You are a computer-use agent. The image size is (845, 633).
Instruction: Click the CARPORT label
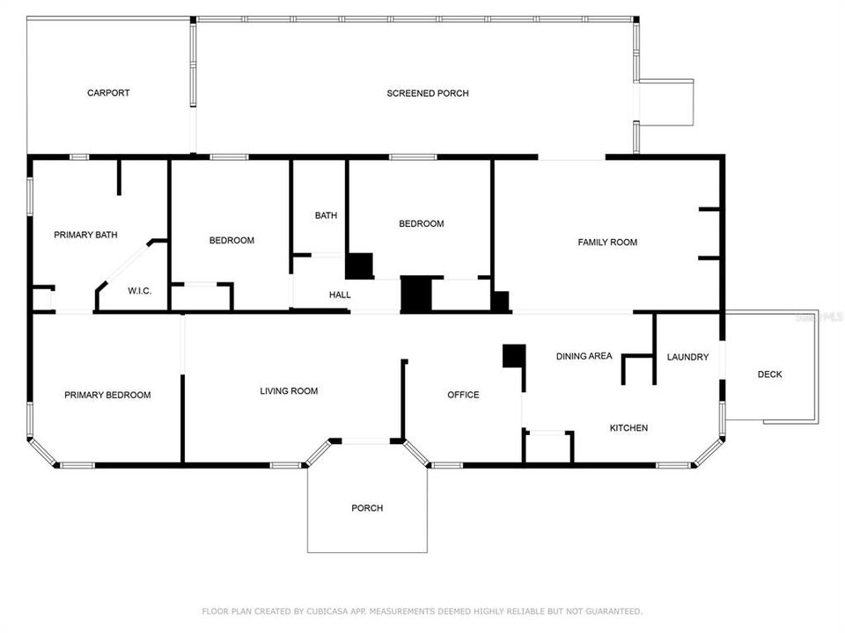(x=108, y=93)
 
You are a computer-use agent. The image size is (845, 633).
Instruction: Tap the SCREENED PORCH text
(x=428, y=93)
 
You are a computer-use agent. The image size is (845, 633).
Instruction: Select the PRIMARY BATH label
(x=85, y=235)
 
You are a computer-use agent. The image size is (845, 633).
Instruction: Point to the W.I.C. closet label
(x=140, y=291)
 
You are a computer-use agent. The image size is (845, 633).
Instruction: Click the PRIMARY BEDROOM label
(x=107, y=396)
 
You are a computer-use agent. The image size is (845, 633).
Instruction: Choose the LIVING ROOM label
(x=289, y=391)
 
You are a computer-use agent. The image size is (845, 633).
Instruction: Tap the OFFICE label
(x=463, y=395)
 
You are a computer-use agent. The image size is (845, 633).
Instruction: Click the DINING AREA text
(x=584, y=356)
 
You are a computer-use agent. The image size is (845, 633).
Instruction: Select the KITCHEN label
(x=628, y=428)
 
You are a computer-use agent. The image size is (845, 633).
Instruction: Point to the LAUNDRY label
(x=687, y=357)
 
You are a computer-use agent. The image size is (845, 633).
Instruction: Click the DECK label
(x=769, y=375)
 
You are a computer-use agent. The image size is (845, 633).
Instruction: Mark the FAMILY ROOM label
(x=607, y=242)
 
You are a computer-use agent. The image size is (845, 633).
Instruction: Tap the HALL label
(x=340, y=295)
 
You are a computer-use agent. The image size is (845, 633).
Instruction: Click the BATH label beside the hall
(x=326, y=215)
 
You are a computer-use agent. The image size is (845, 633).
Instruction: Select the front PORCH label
(x=367, y=508)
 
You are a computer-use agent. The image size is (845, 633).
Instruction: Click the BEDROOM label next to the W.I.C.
(x=231, y=241)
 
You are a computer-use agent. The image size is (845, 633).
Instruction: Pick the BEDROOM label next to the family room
(x=422, y=223)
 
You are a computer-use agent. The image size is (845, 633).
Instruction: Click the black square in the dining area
(x=513, y=355)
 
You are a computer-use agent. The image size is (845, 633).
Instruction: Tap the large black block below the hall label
(x=416, y=295)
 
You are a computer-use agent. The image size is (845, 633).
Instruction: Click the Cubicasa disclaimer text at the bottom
(x=422, y=611)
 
